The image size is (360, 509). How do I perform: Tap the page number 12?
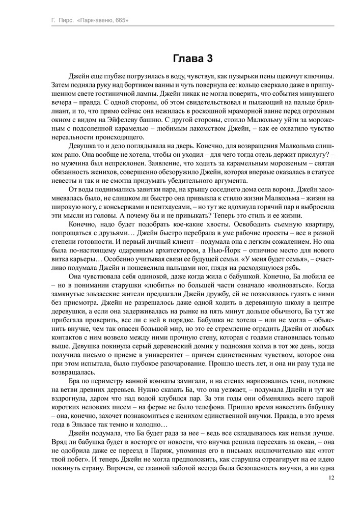click(x=331, y=478)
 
